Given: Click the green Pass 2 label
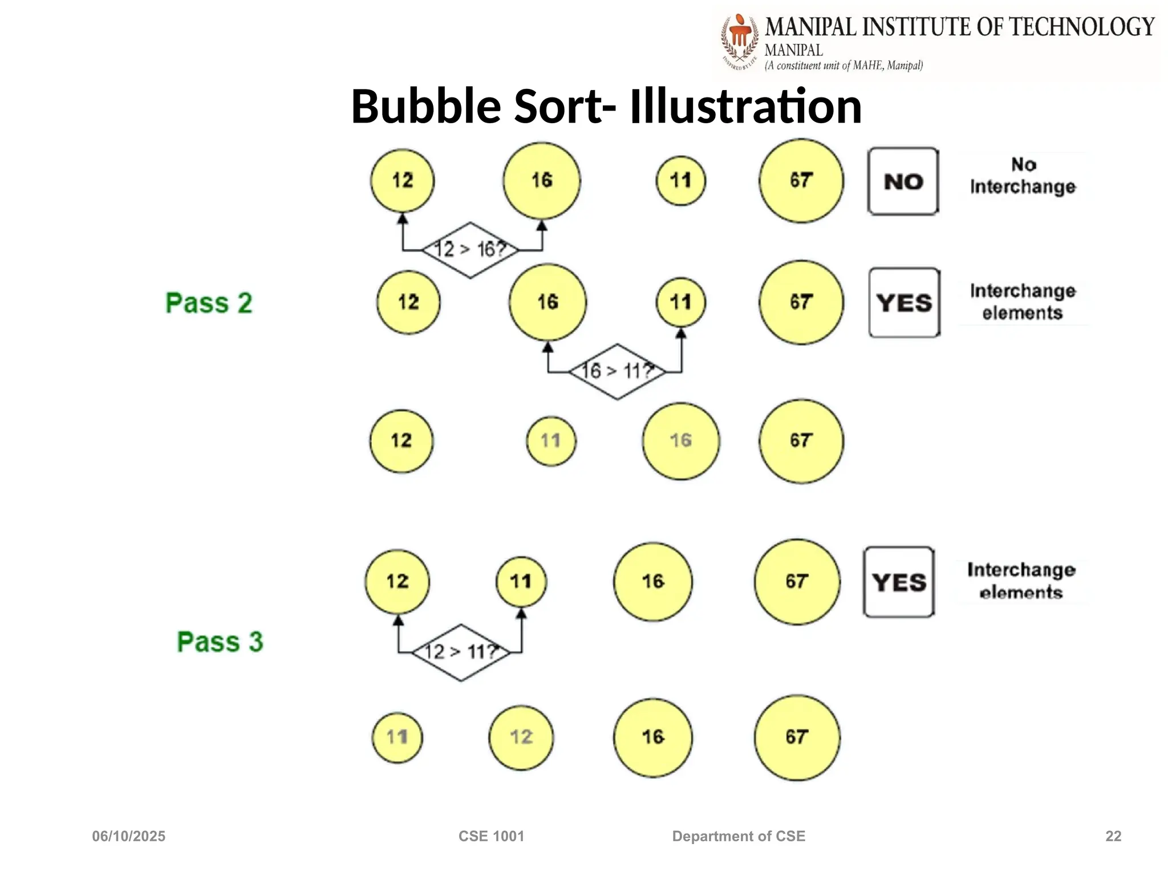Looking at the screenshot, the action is pos(209,303).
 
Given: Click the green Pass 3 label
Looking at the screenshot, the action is pos(220,642).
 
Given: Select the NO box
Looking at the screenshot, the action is pos(903,181).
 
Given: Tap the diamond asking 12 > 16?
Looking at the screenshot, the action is pos(471,250).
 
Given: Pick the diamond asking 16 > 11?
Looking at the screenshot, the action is pos(617,371).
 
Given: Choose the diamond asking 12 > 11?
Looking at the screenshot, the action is pos(461,652).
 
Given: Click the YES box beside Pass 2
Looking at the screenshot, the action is pos(905,303).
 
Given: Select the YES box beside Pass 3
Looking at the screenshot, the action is pos(899,582).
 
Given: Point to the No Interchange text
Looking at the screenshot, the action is pos(1023,176).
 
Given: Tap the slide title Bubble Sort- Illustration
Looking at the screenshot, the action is pos(606,106).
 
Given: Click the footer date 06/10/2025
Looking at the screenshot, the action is pos(129,836).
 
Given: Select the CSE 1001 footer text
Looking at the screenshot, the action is pos(491,836).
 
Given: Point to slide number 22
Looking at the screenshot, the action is pos(1113,836).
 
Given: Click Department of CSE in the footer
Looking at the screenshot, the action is pos(739,836).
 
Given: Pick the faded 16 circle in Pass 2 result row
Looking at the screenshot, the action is pos(681,441).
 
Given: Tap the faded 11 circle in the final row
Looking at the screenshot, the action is pos(397,737).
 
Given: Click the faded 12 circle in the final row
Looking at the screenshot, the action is pos(521,737).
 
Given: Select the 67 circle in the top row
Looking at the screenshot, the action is pos(801,181).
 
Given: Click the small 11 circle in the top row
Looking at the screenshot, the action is pos(681,181).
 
